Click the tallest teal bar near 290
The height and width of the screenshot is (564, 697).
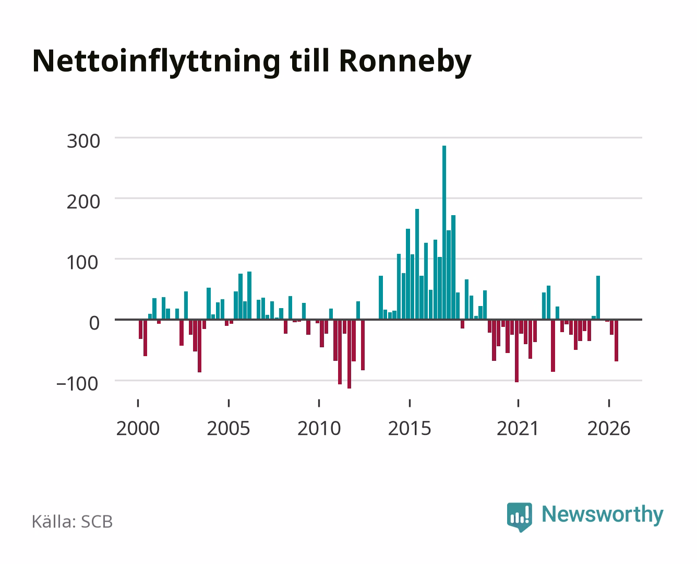pyautogui.click(x=444, y=232)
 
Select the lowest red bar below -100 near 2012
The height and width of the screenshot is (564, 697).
pyautogui.click(x=349, y=354)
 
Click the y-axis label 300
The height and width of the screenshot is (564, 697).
pyautogui.click(x=83, y=141)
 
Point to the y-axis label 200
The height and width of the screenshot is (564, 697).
pyautogui.click(x=83, y=202)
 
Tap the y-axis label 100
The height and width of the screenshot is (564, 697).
pyautogui.click(x=82, y=262)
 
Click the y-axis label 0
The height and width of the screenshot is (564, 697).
pyautogui.click(x=94, y=323)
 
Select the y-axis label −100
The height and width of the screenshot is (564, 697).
pyautogui.click(x=77, y=384)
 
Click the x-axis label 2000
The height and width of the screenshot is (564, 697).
pyautogui.click(x=138, y=428)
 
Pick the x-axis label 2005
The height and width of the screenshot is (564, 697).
pyautogui.click(x=229, y=428)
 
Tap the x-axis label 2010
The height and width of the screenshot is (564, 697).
pyautogui.click(x=319, y=428)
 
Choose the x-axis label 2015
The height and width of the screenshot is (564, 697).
pyautogui.click(x=410, y=428)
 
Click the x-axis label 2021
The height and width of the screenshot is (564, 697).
pyautogui.click(x=518, y=428)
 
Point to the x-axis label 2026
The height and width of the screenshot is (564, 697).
pyautogui.click(x=609, y=428)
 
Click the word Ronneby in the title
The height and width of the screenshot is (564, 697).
pyautogui.click(x=405, y=62)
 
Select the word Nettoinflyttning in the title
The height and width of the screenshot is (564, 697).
pyautogui.click(x=157, y=62)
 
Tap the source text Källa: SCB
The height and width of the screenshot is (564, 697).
pyautogui.click(x=73, y=522)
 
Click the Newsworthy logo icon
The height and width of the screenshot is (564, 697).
pyautogui.click(x=519, y=517)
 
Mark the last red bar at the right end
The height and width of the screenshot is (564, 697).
pyautogui.click(x=616, y=340)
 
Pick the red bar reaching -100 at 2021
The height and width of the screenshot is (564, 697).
pyautogui.click(x=516, y=351)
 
